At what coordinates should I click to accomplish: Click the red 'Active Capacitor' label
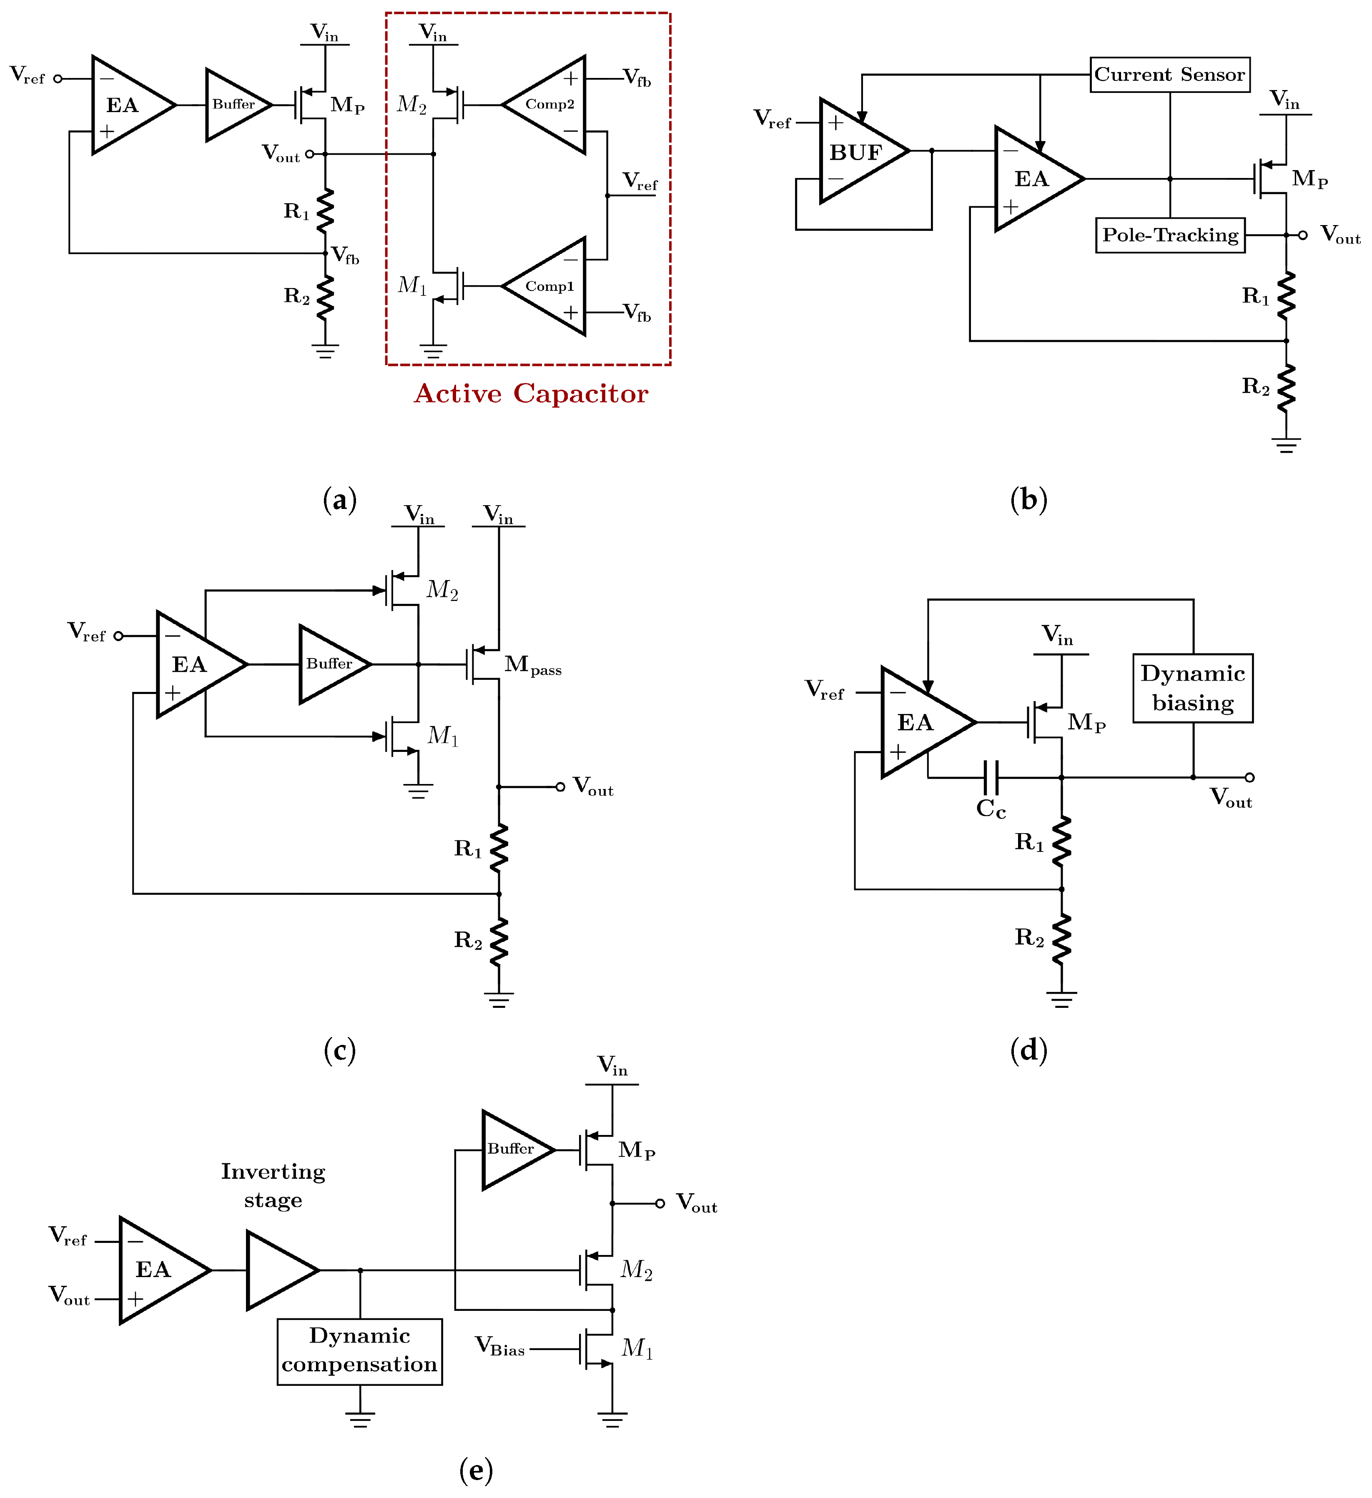(x=531, y=394)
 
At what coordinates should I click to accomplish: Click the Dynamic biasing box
(x=1192, y=688)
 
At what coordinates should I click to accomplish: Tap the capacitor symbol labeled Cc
(x=991, y=778)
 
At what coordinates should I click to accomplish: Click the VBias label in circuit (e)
(x=499, y=1346)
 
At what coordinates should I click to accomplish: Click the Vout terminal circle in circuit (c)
(x=560, y=787)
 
